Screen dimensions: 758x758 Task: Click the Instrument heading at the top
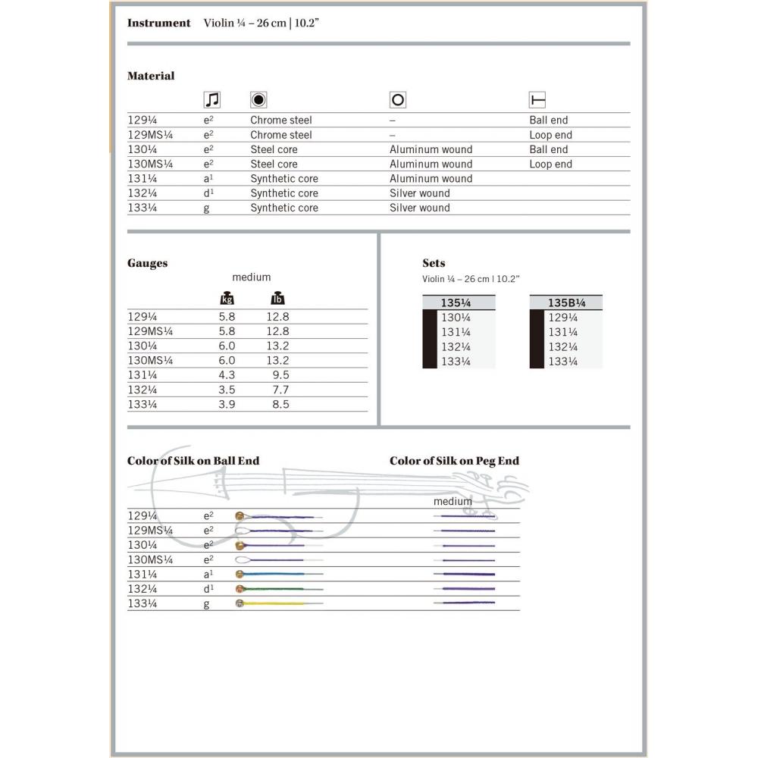(158, 23)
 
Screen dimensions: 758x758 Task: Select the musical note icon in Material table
(212, 99)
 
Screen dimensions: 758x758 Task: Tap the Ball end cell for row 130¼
(548, 149)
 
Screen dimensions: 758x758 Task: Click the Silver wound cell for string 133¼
(419, 208)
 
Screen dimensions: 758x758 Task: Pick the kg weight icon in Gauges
(227, 298)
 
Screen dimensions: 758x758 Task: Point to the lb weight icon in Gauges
(277, 298)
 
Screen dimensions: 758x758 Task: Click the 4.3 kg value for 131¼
(227, 374)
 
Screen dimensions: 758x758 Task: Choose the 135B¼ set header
(565, 302)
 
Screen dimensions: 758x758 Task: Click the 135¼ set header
(456, 302)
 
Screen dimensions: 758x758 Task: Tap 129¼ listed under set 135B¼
(562, 318)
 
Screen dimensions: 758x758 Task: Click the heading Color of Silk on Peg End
(454, 461)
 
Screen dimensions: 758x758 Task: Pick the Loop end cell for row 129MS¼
(550, 135)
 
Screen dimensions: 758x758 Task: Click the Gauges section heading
(147, 263)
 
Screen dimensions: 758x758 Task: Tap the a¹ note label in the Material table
(208, 179)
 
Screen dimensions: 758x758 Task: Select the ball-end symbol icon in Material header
(537, 99)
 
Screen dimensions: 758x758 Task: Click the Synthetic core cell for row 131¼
(284, 179)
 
